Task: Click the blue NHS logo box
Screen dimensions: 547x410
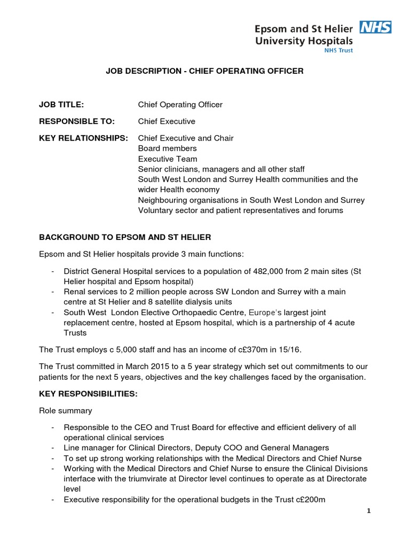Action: point(376,27)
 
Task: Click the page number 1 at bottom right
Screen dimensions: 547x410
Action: point(368,511)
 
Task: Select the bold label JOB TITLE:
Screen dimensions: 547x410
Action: point(61,105)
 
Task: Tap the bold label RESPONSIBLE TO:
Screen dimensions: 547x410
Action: point(76,121)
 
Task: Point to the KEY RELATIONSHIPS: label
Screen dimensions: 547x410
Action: point(83,138)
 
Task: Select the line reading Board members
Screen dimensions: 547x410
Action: point(167,149)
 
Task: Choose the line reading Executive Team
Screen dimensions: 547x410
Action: point(167,159)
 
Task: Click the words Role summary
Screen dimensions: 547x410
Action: point(65,411)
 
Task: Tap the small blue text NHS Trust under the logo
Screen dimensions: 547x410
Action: point(338,50)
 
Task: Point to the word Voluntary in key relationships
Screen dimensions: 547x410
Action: point(155,210)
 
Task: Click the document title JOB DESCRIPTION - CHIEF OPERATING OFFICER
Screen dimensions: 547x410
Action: point(204,71)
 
